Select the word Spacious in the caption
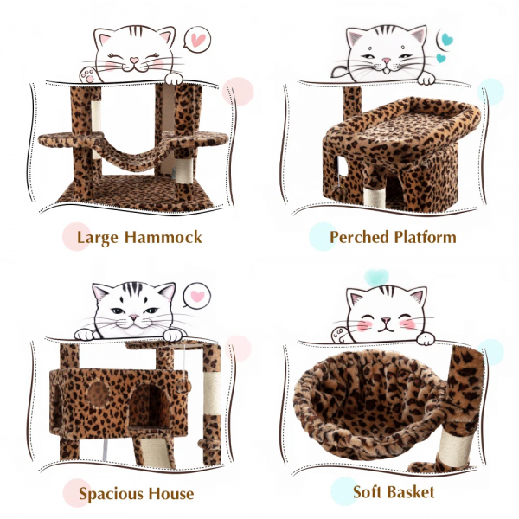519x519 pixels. tap(114, 494)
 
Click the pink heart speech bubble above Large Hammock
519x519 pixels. tap(197, 40)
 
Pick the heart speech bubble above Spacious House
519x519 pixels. tap(198, 296)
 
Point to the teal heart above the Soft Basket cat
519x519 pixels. tap(376, 277)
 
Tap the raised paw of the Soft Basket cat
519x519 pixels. tap(339, 330)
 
